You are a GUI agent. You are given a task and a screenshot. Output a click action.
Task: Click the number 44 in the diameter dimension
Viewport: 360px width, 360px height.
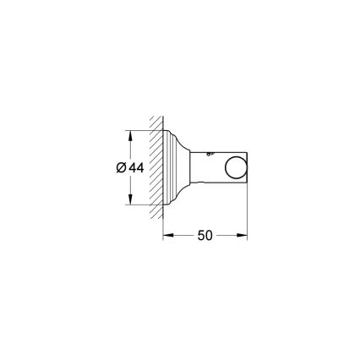(137, 167)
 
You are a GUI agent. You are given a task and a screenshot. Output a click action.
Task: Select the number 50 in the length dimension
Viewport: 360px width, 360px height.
(205, 237)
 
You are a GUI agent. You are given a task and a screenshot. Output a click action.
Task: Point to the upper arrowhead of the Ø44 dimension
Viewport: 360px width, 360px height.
(129, 134)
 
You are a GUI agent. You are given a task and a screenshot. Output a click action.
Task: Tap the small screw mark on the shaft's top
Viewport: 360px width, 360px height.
(212, 153)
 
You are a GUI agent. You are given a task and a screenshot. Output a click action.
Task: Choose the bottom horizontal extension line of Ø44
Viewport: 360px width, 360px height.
(144, 205)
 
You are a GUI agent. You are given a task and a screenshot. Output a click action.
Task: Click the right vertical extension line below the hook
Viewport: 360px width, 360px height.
(248, 211)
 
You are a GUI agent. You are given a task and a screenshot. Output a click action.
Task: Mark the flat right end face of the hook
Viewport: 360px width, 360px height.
(248, 166)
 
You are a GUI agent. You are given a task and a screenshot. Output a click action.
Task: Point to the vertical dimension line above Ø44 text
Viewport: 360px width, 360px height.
(129, 148)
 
